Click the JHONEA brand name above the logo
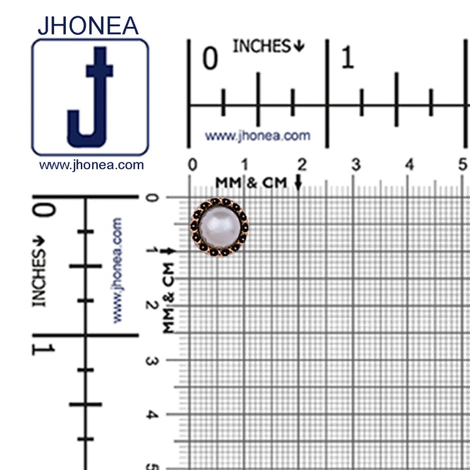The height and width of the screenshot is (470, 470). click(x=88, y=25)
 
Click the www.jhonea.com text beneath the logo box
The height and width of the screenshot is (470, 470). click(x=91, y=165)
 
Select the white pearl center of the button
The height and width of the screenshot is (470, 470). click(x=220, y=227)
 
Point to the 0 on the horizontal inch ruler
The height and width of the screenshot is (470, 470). click(x=210, y=58)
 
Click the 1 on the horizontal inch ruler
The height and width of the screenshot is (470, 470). click(x=348, y=57)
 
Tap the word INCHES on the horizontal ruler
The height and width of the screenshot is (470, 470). click(x=262, y=46)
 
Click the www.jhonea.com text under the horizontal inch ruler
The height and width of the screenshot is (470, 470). click(x=257, y=136)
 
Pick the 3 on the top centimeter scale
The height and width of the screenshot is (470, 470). click(x=356, y=164)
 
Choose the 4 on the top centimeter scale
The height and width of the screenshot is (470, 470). click(x=409, y=164)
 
